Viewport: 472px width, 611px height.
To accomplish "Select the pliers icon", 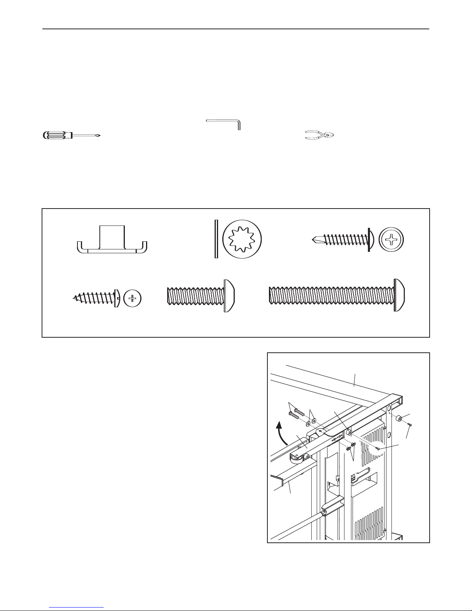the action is pos(320,135).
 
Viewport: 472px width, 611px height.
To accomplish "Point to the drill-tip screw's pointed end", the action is pos(315,239).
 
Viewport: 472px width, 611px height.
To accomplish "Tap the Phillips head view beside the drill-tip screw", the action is pos(392,239).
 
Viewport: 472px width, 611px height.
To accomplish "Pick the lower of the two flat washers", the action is pos(308,424).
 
